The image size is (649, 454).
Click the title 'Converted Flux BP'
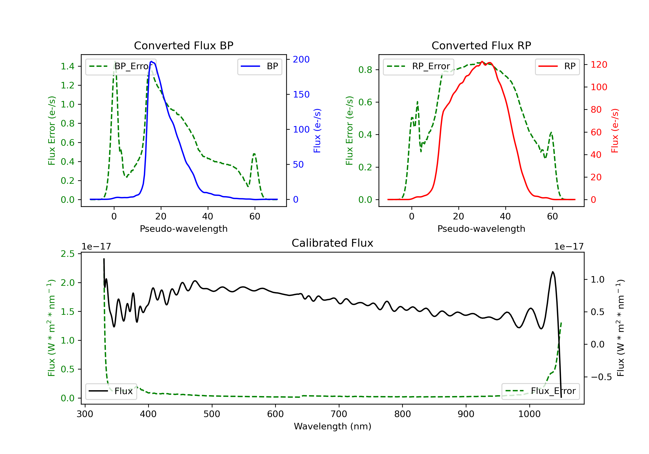click(183, 45)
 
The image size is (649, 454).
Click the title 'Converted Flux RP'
click(481, 45)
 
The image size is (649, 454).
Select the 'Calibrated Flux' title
click(333, 243)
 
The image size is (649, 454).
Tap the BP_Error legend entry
click(121, 66)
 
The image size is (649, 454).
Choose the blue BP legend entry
click(259, 66)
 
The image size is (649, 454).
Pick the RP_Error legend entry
click(418, 66)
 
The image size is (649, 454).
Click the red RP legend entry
click(557, 66)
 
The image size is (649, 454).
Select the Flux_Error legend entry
click(540, 391)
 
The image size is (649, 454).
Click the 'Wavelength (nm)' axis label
click(333, 426)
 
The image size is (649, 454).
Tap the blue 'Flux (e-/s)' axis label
click(317, 131)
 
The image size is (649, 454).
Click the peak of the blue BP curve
click(151, 61)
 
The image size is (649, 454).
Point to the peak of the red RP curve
click(482, 62)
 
